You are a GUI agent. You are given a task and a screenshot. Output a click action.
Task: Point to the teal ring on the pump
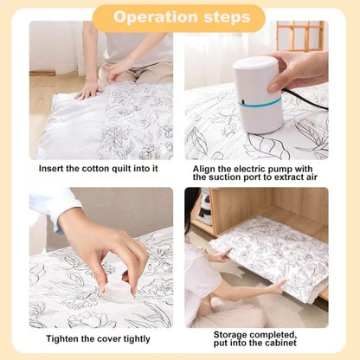click(259, 103)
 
